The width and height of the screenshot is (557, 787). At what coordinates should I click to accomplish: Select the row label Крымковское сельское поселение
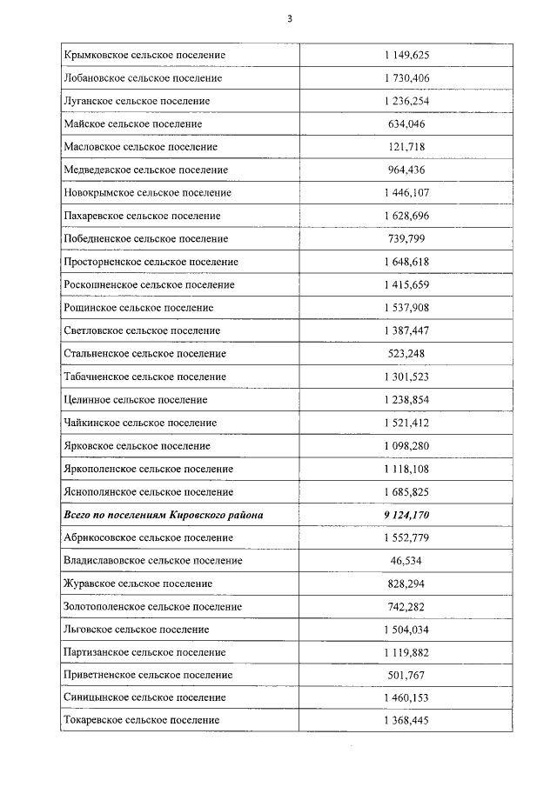coord(144,56)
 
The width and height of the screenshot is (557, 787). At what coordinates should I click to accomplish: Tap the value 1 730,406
coord(406,78)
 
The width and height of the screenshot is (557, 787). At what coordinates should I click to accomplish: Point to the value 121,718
coord(406,147)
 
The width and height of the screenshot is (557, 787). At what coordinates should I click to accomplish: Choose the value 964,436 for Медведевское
coord(406,170)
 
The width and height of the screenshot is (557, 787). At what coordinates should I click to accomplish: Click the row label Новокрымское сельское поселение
coord(148,193)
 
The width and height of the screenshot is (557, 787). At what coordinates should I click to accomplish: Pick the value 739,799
coord(406,239)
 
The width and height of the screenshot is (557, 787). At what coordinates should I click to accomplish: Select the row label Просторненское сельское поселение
coord(151,262)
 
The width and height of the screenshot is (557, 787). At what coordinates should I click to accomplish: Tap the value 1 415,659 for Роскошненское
coord(406,285)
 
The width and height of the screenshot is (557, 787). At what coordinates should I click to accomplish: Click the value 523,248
coord(406,354)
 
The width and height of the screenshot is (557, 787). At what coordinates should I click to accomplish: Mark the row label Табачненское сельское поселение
coord(144,377)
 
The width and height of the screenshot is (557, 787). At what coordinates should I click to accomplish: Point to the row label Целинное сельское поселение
coord(136,400)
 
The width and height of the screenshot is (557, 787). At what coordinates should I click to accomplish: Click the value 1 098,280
coord(406,446)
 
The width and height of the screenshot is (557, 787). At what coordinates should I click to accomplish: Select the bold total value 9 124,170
coord(406,516)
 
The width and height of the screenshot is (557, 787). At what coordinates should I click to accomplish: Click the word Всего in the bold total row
coord(79,516)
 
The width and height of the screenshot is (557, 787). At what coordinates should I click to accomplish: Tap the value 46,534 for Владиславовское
coord(406,561)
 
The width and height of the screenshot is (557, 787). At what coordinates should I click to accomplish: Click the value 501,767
coord(406,676)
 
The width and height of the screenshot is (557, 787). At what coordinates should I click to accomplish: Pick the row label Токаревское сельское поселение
coord(142,721)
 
